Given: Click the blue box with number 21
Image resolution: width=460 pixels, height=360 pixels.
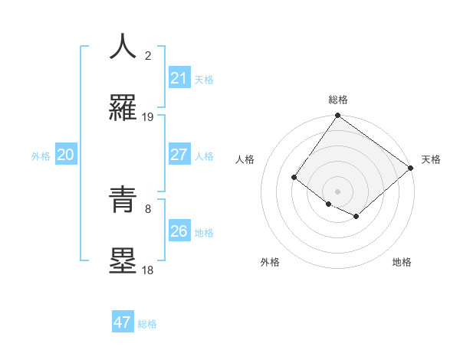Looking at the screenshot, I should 179,78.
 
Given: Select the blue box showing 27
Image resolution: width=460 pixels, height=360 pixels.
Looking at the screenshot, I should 179,155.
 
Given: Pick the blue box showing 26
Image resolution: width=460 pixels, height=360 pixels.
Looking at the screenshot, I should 179,231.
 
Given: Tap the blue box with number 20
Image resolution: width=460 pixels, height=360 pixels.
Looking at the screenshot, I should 65,155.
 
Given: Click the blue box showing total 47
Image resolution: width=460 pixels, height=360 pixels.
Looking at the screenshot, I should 123,322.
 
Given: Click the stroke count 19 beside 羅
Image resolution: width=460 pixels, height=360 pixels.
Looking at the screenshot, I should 148,117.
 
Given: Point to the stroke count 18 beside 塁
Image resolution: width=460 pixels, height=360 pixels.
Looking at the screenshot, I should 148,270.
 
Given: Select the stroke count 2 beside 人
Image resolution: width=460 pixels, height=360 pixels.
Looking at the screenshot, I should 148,55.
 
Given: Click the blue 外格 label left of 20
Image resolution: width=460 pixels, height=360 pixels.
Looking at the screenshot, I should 41,155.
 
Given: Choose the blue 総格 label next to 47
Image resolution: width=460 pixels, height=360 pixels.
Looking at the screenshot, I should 147,324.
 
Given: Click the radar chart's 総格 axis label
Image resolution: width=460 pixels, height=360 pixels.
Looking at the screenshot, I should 337,100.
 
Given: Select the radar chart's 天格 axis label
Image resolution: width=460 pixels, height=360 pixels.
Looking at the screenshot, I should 431,159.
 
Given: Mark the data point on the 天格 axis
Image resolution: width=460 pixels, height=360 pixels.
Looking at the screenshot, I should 411,169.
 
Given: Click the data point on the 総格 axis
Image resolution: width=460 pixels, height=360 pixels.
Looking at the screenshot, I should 337,116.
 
